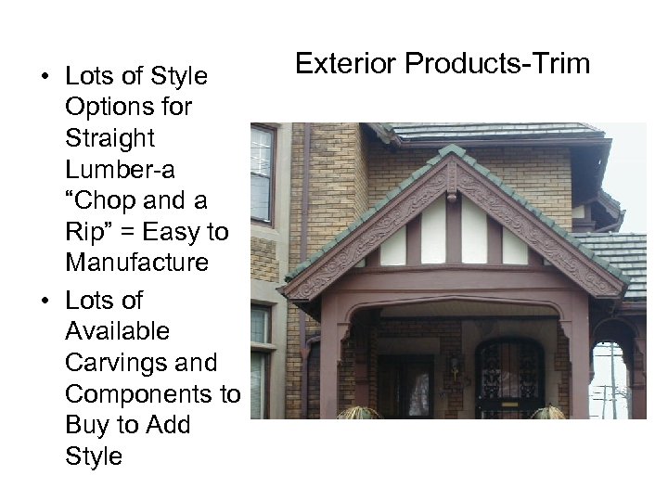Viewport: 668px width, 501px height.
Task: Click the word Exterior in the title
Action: coord(343,64)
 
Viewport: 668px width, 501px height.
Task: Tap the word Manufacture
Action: coord(136,263)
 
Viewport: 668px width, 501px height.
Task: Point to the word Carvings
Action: coord(113,362)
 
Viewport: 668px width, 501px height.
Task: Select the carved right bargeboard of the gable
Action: coord(538,232)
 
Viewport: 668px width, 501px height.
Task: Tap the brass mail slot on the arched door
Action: coord(509,405)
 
